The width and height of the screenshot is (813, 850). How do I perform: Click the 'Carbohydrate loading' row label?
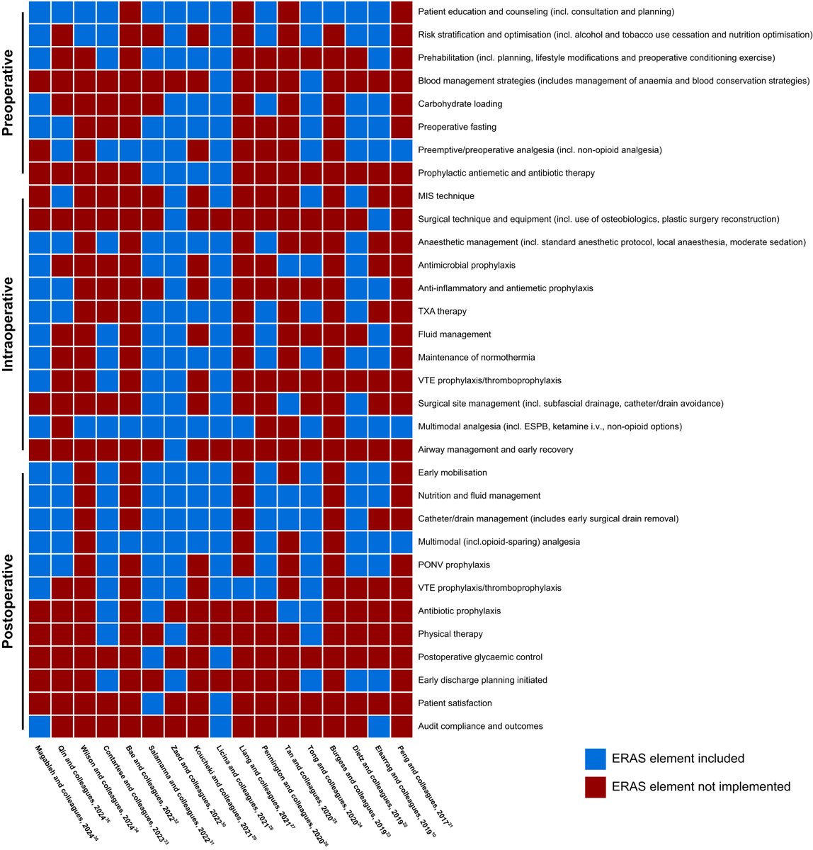pos(460,104)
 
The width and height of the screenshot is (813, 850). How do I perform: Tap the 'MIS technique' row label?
pos(446,196)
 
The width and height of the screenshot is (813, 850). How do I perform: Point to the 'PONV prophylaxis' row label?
pos(454,565)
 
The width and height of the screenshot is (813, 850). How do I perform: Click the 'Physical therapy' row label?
pos(450,634)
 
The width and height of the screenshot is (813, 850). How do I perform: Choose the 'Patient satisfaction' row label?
pos(454,703)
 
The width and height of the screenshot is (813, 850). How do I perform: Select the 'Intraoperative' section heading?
pos(11,324)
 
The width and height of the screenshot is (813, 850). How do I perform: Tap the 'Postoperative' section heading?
pos(11,601)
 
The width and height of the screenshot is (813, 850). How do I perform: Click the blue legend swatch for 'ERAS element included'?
pos(596,759)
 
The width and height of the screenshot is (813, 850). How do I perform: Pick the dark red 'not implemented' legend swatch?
pos(596,786)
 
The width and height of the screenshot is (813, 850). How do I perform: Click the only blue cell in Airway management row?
pos(176,450)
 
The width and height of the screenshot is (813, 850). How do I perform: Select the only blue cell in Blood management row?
pos(312,81)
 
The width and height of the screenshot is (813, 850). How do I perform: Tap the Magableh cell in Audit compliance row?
pos(40,726)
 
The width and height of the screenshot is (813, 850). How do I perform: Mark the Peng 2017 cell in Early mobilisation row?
pos(402,472)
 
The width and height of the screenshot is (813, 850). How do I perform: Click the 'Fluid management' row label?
pos(454,334)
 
